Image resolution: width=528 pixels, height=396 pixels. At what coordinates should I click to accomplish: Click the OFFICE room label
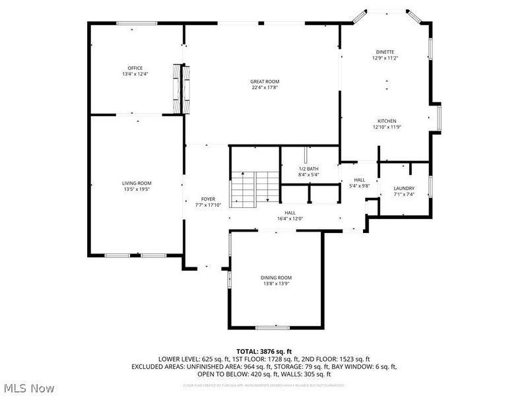[x=135, y=68]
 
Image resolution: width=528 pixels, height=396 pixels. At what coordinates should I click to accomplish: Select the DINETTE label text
[x=385, y=51]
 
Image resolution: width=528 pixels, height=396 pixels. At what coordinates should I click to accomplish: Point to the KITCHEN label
[x=386, y=121]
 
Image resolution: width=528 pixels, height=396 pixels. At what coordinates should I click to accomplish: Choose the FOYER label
[x=208, y=199]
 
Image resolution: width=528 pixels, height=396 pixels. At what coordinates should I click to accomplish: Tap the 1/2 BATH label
[x=309, y=169]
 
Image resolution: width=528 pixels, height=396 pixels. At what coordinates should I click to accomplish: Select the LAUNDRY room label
[x=404, y=188]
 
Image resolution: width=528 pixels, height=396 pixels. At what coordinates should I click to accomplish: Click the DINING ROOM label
[x=276, y=278]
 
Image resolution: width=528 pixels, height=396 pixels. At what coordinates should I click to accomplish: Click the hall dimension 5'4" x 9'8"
[x=359, y=186]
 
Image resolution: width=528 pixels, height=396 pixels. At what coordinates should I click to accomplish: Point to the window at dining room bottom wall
[x=273, y=327]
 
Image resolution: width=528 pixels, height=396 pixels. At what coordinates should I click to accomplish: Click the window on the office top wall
[x=137, y=24]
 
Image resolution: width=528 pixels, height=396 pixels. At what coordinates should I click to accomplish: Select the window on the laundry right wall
[x=430, y=187]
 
